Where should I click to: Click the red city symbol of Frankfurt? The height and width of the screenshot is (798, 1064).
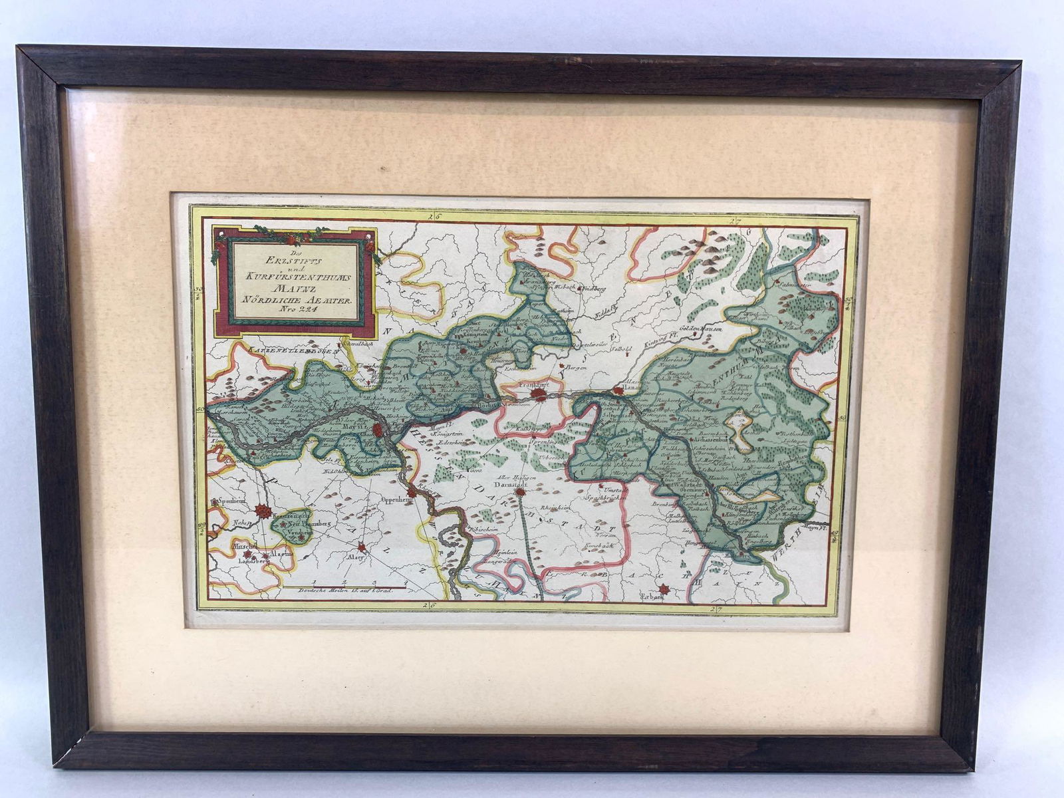pos(539,395)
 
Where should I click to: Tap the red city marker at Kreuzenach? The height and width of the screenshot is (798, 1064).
pos(264,511)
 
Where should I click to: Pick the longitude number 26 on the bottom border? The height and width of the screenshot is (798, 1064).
pos(433,606)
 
